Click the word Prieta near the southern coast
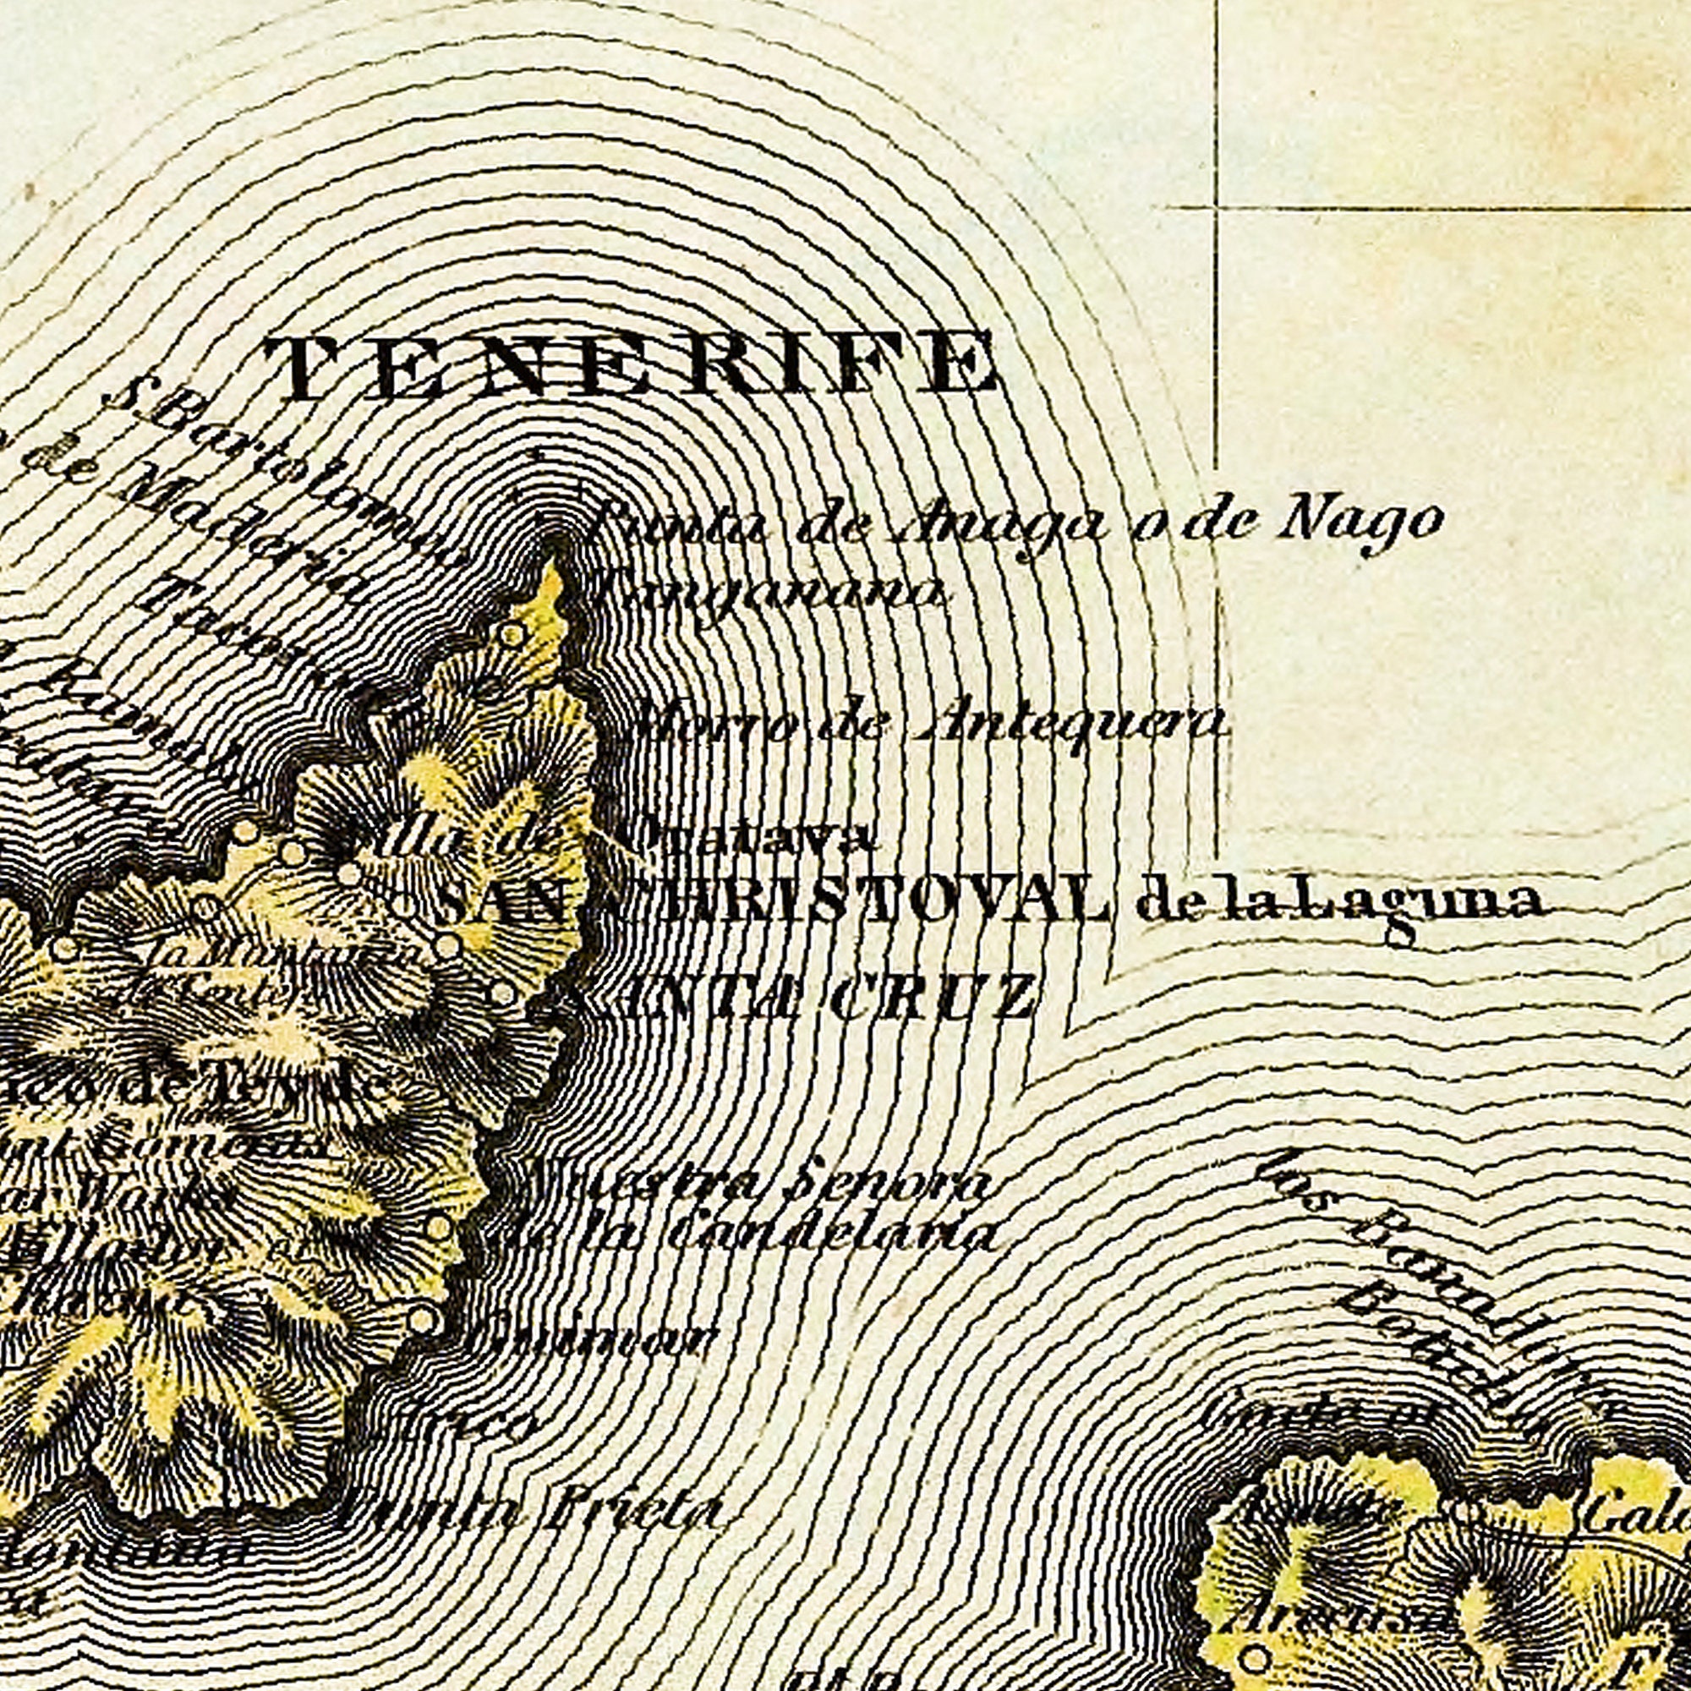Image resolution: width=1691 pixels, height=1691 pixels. (630, 1513)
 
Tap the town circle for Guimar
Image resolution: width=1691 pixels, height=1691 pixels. (422, 1319)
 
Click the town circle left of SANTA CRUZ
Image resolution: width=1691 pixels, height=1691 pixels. (502, 993)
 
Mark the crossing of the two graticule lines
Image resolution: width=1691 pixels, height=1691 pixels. (1218, 208)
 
